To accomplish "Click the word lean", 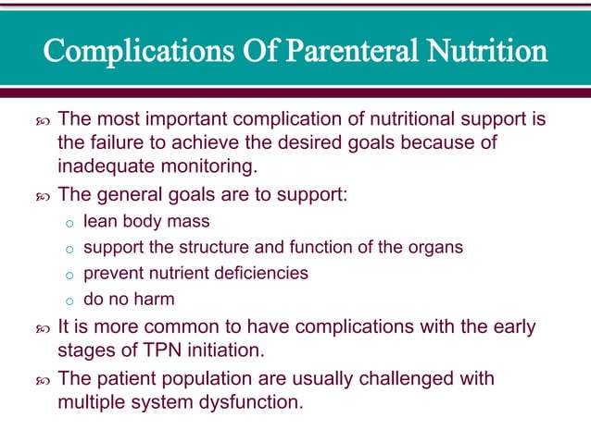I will [x=99, y=222].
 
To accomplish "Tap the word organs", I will [x=437, y=248].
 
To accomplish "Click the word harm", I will [x=152, y=300].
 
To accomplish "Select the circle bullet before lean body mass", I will [x=69, y=223].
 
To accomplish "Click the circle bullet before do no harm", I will [x=69, y=301].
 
